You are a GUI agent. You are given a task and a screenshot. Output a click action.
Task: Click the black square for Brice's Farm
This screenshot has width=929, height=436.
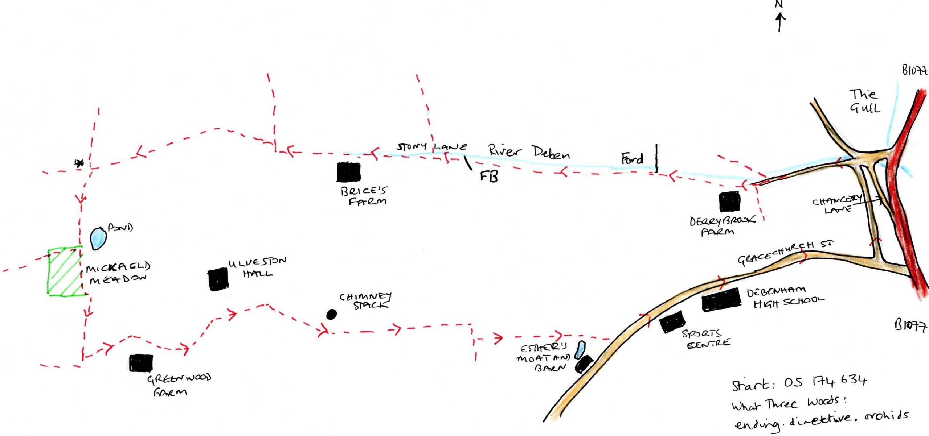coord(348,172)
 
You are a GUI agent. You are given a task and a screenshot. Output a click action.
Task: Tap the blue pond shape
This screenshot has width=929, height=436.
coord(98,238)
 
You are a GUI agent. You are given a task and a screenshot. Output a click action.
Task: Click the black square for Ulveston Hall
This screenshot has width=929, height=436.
coord(218,279)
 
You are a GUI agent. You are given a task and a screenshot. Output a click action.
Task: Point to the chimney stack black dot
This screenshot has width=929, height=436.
coord(331,314)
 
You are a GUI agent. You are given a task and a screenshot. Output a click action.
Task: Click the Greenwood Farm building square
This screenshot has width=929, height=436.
coord(141,363)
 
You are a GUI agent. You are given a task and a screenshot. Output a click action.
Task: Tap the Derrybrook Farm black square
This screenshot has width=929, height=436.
coord(730,202)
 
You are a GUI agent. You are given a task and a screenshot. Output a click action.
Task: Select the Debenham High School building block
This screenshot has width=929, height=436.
coord(721,300)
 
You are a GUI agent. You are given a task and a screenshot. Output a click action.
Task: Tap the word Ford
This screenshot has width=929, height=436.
coord(632,159)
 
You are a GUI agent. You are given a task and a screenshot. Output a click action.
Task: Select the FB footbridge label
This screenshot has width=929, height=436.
coord(489,177)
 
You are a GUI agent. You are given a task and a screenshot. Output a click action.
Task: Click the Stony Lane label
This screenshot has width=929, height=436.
coord(432,147)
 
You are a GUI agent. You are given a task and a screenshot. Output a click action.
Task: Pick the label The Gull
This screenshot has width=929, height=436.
coord(864,101)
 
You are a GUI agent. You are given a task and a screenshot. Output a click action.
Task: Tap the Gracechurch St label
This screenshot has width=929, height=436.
coord(786,253)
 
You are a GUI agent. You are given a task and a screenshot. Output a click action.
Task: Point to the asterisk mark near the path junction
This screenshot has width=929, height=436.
coord(79,163)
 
